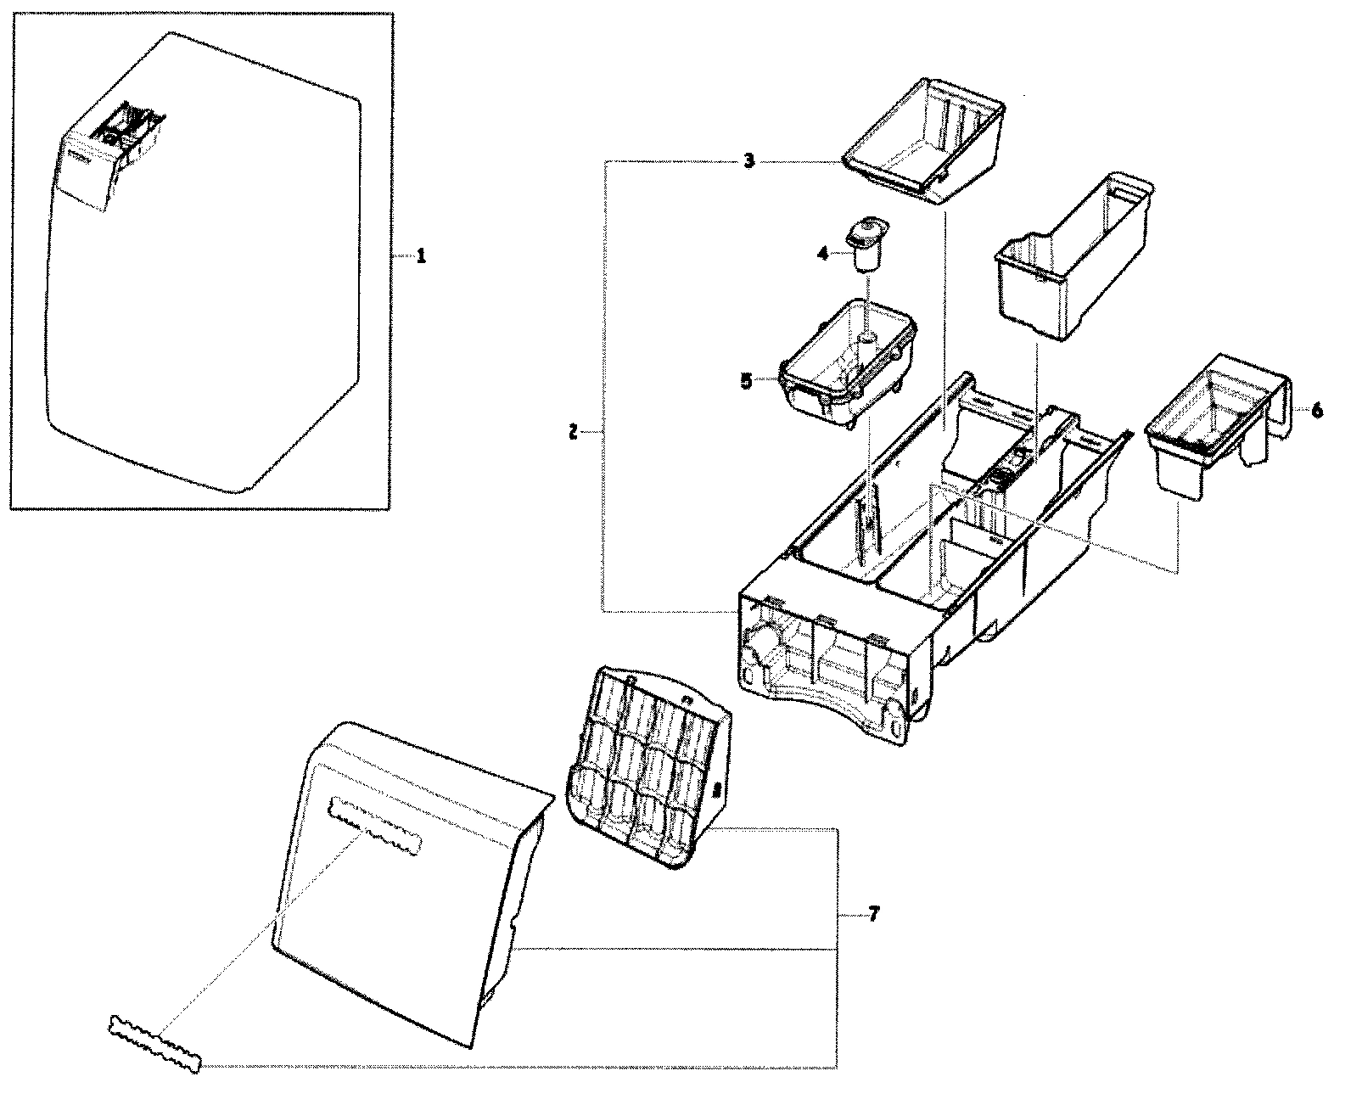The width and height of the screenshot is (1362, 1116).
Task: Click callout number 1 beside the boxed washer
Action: [x=419, y=256]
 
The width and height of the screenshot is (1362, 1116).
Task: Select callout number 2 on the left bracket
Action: [x=573, y=433]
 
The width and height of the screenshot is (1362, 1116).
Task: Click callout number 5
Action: [x=746, y=381]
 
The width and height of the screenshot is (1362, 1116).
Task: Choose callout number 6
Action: [x=1316, y=410]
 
